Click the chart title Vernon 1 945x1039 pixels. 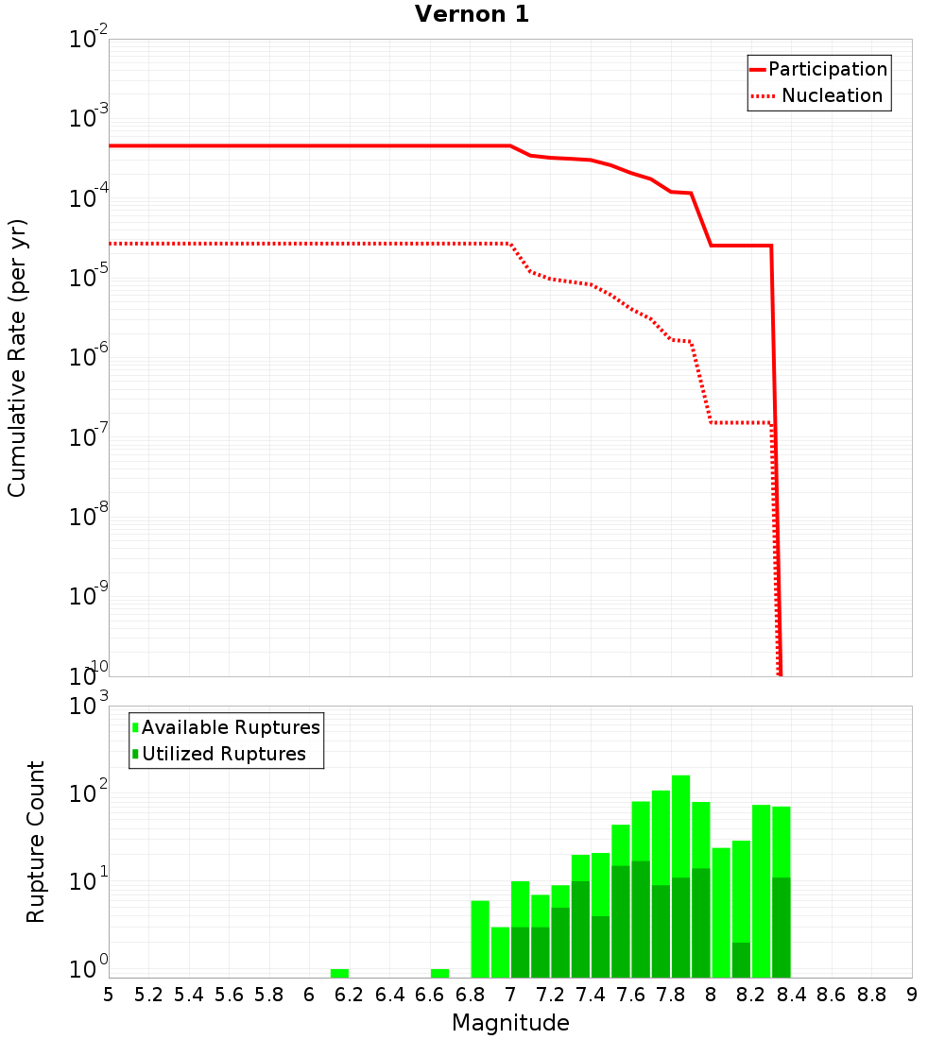tap(472, 14)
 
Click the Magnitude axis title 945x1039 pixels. tap(510, 1023)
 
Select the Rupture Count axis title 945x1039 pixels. tap(36, 841)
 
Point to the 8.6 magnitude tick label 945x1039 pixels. tap(832, 995)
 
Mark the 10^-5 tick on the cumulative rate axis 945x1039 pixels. tap(90, 278)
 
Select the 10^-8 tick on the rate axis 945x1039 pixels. tap(90, 517)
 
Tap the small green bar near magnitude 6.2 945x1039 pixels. tap(339, 973)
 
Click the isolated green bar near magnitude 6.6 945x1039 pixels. tap(439, 973)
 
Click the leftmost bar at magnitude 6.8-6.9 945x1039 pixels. tap(480, 939)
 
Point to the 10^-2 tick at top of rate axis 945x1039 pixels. tap(90, 40)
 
